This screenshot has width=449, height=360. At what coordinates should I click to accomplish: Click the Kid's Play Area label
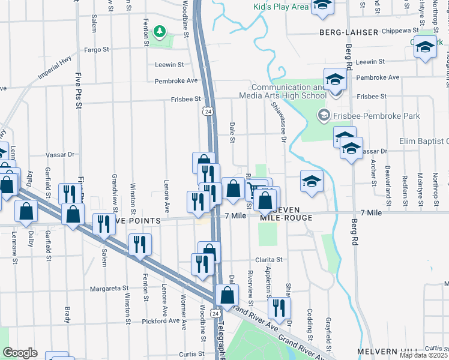tap(281, 7)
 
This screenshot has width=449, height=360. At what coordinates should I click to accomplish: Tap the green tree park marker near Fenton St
tap(159, 31)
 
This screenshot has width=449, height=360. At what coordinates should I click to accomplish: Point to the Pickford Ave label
tap(161, 320)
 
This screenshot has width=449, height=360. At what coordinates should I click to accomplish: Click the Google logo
tap(20, 352)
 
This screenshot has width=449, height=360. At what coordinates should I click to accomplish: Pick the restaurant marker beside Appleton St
tap(279, 308)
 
